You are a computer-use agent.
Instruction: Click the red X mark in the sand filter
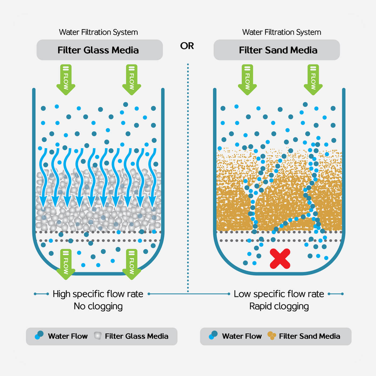click(x=280, y=259)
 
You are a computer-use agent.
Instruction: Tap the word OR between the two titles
click(x=187, y=46)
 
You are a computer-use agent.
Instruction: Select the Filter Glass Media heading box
click(x=99, y=50)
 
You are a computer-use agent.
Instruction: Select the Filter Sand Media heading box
click(x=277, y=50)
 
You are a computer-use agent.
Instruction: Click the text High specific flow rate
click(x=98, y=294)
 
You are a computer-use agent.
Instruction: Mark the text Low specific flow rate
click(x=279, y=294)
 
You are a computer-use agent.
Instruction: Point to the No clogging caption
click(x=98, y=306)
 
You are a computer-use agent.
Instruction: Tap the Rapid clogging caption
click(x=279, y=306)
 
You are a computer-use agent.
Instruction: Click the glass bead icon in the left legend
click(x=97, y=336)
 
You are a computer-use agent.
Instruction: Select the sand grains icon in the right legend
click(x=272, y=336)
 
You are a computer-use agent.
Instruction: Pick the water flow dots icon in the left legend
click(x=39, y=335)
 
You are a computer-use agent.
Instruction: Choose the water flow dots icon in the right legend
click(x=213, y=335)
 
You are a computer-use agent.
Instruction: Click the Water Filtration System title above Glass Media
click(x=98, y=32)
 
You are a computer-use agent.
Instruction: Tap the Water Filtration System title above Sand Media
click(x=281, y=32)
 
